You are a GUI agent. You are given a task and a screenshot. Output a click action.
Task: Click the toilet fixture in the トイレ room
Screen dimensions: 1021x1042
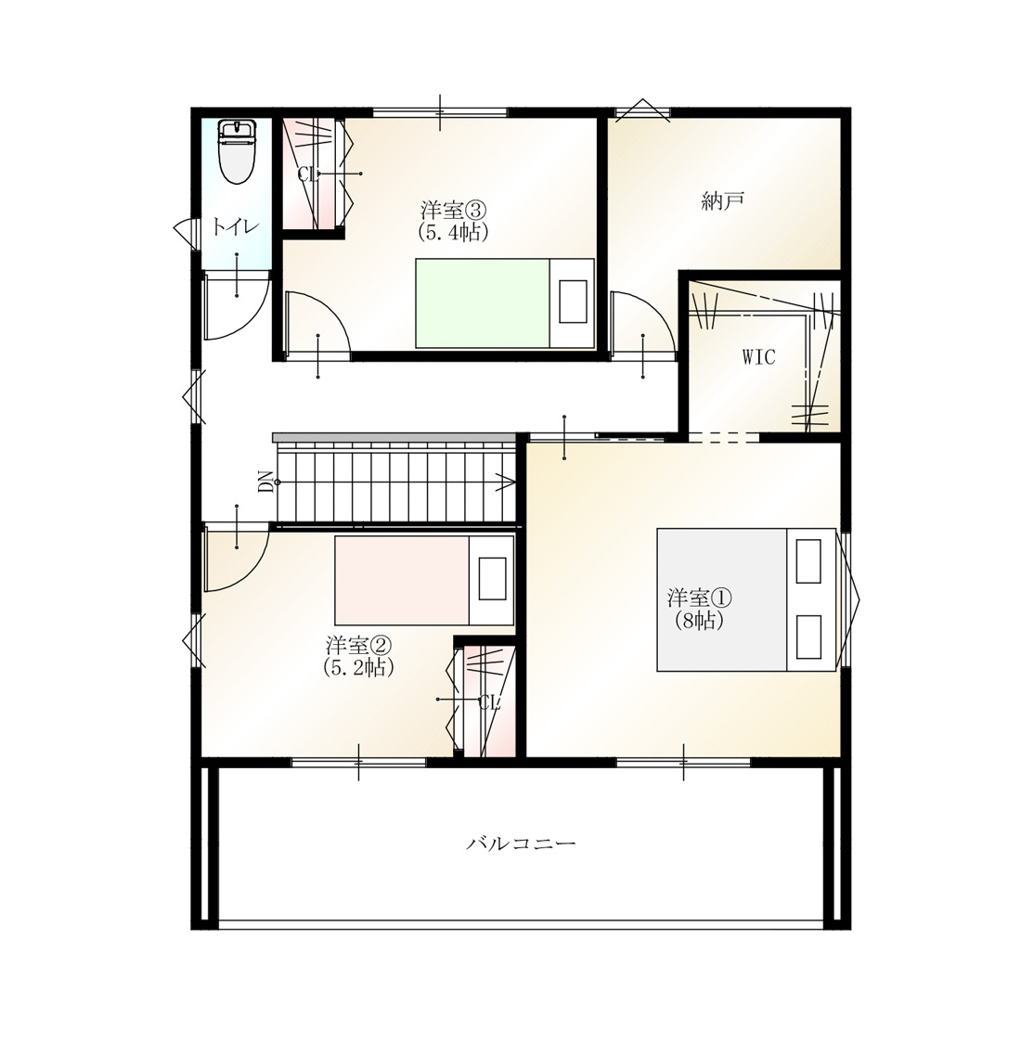[x=238, y=152]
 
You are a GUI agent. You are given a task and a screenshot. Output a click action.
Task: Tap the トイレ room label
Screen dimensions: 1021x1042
[x=236, y=227]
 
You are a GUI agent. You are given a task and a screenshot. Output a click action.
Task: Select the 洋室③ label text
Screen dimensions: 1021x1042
[x=453, y=210]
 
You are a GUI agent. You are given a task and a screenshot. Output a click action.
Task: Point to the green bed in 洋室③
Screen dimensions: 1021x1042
[x=505, y=303]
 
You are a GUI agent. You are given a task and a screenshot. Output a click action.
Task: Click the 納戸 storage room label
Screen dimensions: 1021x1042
[x=722, y=200]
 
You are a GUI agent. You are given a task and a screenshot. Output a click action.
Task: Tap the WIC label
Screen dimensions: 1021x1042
[x=758, y=357]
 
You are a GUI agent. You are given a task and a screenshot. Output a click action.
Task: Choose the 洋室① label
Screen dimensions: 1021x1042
[x=699, y=598]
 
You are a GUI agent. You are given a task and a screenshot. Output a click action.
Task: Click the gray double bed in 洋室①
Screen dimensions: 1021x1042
[x=746, y=599]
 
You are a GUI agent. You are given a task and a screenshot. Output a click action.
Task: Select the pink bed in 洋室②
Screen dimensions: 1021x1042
[x=424, y=580]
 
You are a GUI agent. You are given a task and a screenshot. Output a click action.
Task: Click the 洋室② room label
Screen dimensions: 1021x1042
[x=358, y=645]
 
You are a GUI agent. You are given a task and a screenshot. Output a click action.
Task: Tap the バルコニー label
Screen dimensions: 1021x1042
[x=521, y=844]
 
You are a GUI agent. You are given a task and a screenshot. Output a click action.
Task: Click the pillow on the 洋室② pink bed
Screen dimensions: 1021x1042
[x=493, y=580]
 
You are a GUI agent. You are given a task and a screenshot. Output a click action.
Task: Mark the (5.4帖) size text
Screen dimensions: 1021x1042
[x=453, y=232]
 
